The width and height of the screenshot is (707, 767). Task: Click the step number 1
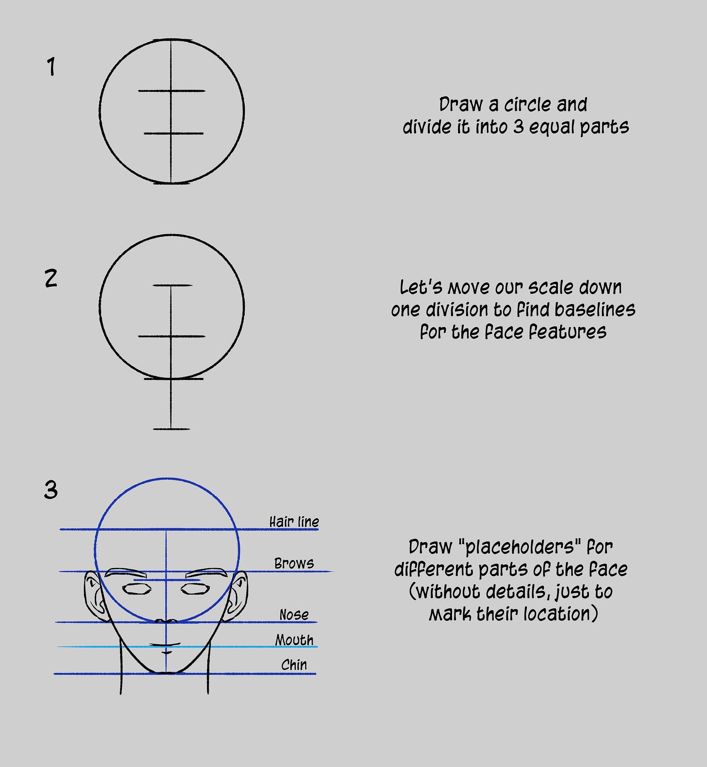(51, 67)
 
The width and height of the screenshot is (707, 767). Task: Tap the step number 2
(51, 278)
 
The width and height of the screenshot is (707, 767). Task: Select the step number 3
(51, 490)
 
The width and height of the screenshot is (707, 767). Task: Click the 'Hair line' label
(294, 522)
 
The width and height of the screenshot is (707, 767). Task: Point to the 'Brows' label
(294, 563)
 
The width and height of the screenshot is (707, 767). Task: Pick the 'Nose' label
(294, 615)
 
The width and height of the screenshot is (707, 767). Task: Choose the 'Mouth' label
(294, 640)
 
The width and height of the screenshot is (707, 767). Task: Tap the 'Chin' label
(294, 665)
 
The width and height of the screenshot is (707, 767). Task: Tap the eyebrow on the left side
(126, 572)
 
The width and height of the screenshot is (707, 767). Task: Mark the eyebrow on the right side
(206, 572)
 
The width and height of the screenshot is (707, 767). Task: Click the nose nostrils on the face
(166, 621)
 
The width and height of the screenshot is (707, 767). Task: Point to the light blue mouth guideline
(187, 647)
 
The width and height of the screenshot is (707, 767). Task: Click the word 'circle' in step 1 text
(527, 104)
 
